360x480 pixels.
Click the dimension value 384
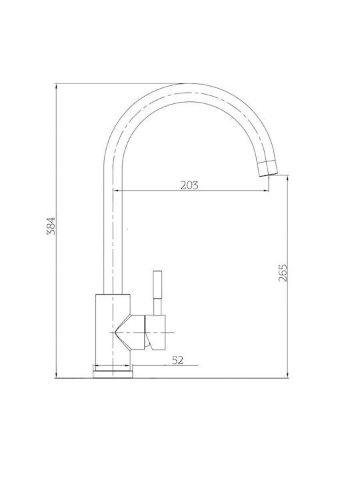point(51,225)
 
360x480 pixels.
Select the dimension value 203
point(189,185)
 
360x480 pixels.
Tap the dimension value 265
point(283,273)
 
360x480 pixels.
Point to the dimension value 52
point(177,360)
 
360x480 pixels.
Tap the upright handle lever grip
point(157,285)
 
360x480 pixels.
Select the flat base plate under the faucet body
point(113,374)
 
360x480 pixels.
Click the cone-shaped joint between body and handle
point(130,332)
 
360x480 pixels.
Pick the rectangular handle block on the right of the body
point(155,332)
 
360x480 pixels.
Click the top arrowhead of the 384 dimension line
point(56,86)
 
